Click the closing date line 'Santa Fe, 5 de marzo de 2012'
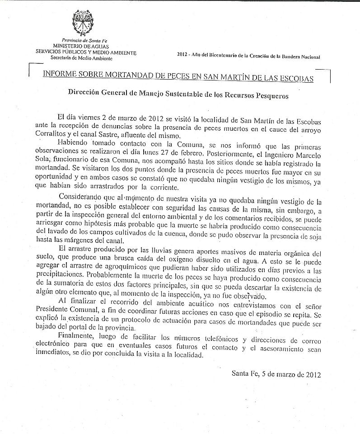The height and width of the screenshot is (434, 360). point(276,373)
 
